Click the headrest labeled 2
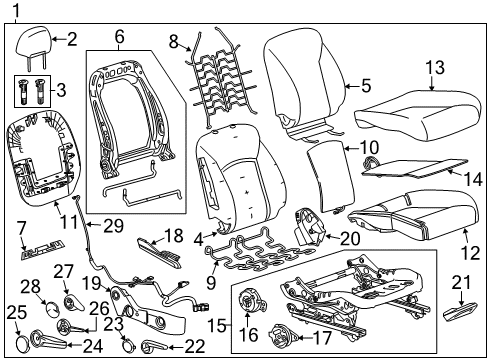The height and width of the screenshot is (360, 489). [37, 42]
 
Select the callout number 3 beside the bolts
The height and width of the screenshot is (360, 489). [63, 91]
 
